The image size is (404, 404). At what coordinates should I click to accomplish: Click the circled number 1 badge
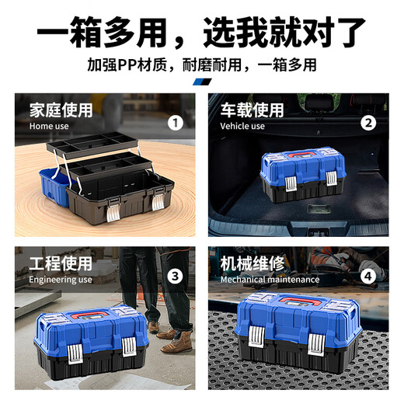click(176, 122)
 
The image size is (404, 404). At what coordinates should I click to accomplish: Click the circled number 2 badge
click(368, 122)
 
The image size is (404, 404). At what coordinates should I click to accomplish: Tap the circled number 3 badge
click(176, 276)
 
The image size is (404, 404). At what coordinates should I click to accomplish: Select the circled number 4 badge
click(368, 276)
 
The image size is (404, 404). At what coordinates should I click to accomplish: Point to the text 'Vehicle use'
click(242, 126)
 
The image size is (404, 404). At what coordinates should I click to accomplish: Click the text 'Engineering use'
click(61, 280)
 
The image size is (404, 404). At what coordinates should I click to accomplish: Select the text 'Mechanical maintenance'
click(270, 280)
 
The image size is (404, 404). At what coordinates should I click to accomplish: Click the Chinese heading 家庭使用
click(61, 110)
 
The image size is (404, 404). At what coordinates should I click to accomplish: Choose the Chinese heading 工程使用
click(61, 263)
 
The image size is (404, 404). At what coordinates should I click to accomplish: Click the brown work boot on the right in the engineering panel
click(180, 342)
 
